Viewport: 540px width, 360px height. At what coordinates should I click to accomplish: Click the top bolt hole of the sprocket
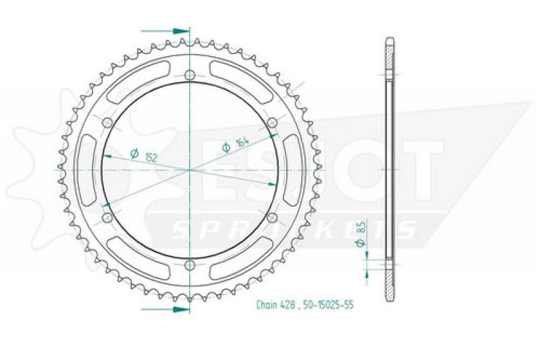[190, 75]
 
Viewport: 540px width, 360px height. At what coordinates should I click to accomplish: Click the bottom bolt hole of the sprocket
[190, 265]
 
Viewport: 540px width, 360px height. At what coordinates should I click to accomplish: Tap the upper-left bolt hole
[108, 122]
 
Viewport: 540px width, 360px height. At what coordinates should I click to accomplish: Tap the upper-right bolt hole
[272, 122]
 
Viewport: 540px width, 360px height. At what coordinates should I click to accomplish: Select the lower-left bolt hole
[108, 217]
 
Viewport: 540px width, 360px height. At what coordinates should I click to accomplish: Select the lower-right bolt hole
[272, 217]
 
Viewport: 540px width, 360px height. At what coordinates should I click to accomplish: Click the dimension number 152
[151, 157]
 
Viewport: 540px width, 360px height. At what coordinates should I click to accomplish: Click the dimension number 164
[242, 141]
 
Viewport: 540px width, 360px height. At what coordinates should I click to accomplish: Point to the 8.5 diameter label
[360, 234]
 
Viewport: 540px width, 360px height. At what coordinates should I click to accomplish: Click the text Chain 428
[275, 305]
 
